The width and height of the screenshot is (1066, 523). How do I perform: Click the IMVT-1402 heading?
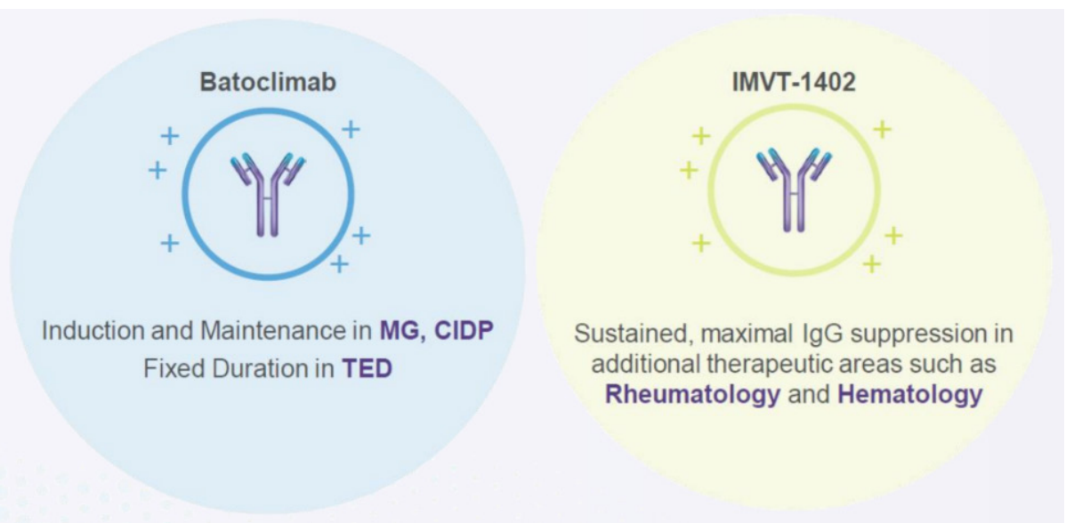click(x=793, y=84)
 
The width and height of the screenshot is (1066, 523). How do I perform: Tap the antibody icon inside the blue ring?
click(x=268, y=193)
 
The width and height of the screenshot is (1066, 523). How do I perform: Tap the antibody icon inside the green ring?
click(x=793, y=193)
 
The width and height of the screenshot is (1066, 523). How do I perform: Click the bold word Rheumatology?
click(x=692, y=395)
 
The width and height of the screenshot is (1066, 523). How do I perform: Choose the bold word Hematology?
click(x=910, y=395)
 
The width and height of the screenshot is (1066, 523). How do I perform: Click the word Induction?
click(x=85, y=333)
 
